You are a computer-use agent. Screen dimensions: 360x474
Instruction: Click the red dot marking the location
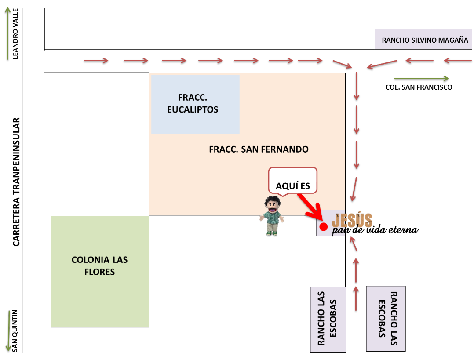pyautogui.click(x=324, y=227)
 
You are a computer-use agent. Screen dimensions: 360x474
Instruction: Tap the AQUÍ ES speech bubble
pyautogui.click(x=293, y=180)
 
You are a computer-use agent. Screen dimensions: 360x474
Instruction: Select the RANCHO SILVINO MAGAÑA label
pyautogui.click(x=425, y=40)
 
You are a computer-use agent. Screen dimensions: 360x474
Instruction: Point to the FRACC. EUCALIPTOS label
pyautogui.click(x=193, y=103)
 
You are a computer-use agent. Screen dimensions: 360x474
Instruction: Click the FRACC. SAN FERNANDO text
pyautogui.click(x=259, y=149)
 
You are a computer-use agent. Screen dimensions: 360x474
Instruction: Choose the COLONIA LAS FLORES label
pyautogui.click(x=100, y=266)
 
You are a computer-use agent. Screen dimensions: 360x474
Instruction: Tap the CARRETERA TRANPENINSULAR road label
pyautogui.click(x=16, y=182)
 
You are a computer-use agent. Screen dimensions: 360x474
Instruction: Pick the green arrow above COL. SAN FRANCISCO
pyautogui.click(x=422, y=79)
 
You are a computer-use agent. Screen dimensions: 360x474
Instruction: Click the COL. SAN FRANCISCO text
pyautogui.click(x=419, y=87)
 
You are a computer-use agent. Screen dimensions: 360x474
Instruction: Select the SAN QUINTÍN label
pyautogui.click(x=15, y=336)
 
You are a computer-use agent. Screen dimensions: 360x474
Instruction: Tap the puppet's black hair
pyautogui.click(x=273, y=202)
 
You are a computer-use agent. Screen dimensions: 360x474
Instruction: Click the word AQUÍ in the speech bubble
pyautogui.click(x=285, y=186)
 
